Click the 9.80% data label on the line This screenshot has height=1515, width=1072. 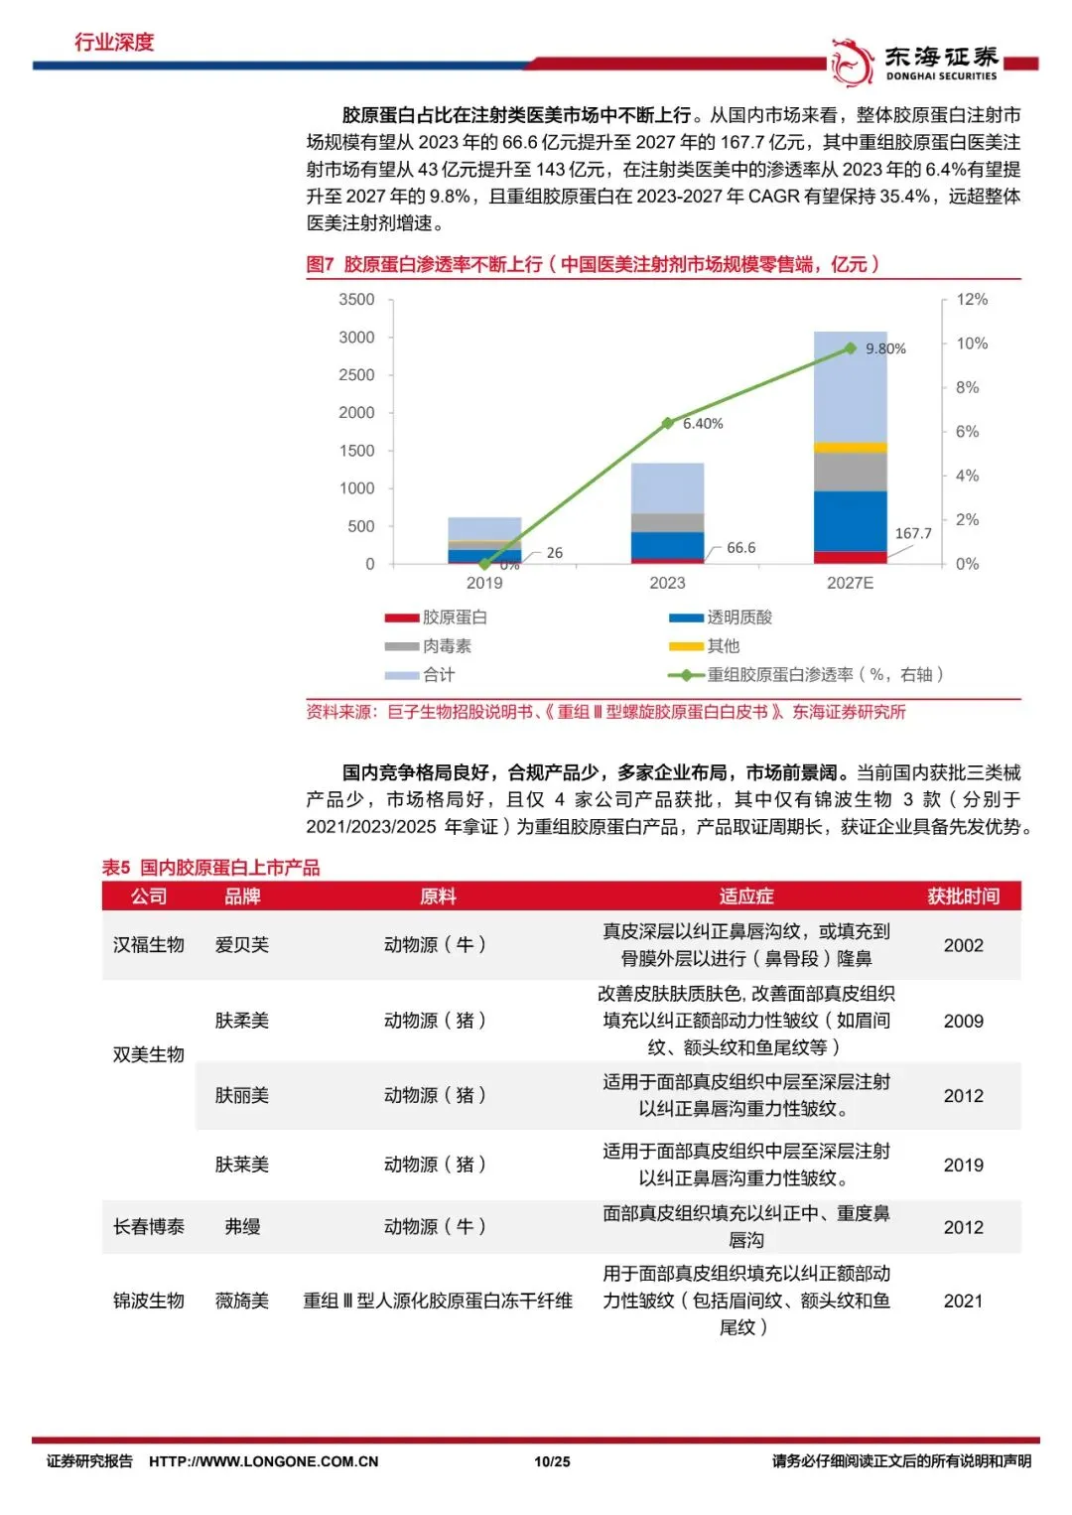(885, 349)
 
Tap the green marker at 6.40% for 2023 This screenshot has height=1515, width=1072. (668, 423)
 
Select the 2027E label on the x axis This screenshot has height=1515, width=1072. (851, 583)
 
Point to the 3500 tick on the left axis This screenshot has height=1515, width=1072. (356, 300)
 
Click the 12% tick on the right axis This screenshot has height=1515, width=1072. (972, 300)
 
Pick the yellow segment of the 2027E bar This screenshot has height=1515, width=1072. (851, 447)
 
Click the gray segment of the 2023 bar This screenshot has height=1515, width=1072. (668, 522)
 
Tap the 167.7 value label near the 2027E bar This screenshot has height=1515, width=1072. (913, 534)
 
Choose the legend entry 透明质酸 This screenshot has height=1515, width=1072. (721, 617)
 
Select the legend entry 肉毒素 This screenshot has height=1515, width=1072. (428, 646)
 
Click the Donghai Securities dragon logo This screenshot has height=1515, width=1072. (851, 63)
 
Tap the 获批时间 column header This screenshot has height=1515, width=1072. (963, 896)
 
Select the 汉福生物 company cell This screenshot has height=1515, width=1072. (148, 945)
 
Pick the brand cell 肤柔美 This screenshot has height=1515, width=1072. (241, 1020)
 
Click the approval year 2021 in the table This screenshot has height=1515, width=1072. (963, 1301)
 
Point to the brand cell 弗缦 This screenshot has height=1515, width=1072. (242, 1226)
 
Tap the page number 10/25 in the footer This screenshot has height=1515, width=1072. (552, 1461)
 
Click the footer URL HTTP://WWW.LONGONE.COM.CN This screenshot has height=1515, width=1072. (264, 1461)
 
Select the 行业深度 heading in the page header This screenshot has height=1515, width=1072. (114, 42)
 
